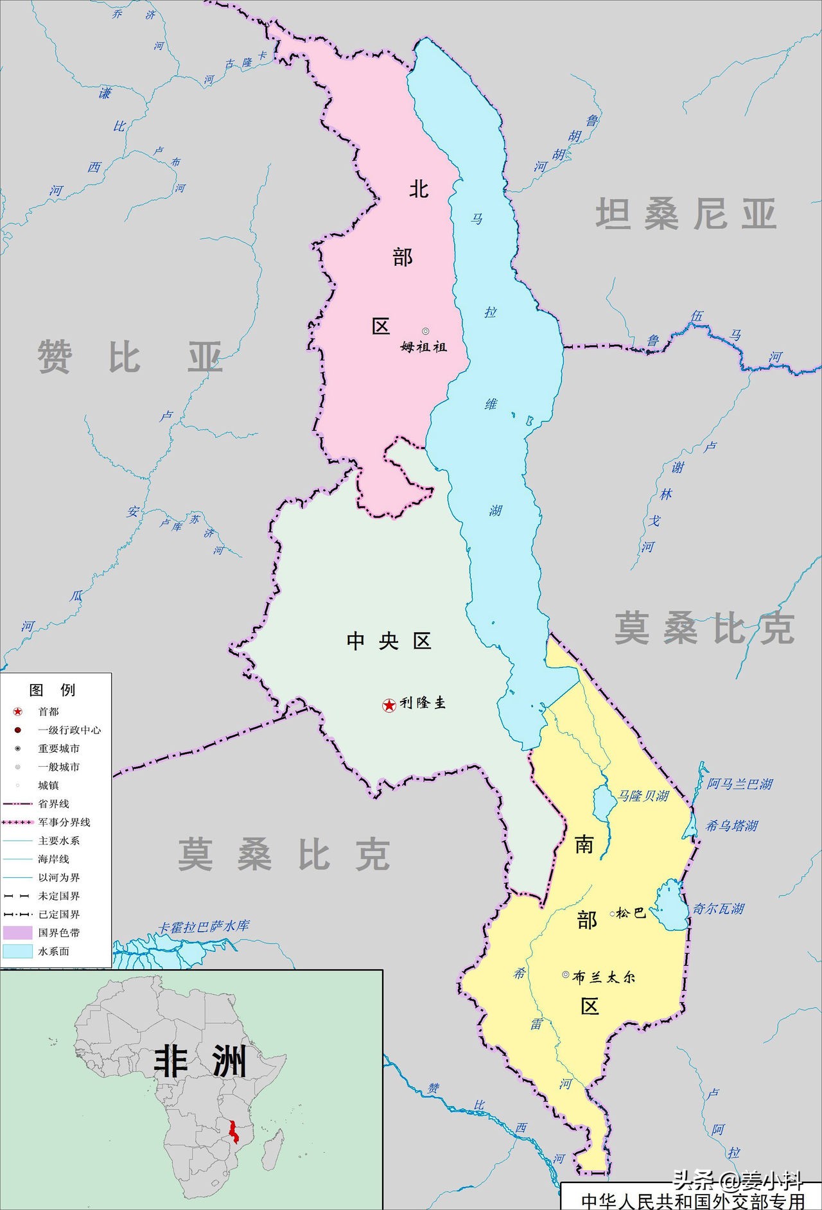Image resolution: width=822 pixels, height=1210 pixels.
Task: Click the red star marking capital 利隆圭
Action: [389, 705]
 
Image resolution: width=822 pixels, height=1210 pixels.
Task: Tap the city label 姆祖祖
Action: [424, 347]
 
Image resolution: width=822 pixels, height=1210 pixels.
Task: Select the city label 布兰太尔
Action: [604, 977]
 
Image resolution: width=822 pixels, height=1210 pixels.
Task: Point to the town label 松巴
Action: [631, 913]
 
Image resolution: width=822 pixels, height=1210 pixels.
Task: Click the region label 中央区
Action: [389, 640]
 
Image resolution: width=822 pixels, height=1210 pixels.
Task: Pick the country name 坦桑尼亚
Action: [686, 214]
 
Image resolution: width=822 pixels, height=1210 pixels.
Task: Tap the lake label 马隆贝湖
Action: [643, 796]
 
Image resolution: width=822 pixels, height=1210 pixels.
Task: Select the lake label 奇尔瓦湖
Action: [718, 908]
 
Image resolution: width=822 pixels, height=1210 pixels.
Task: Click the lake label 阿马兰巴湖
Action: [740, 784]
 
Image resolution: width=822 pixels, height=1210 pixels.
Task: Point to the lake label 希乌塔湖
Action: [732, 825]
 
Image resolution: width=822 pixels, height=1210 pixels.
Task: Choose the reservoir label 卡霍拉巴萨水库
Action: [204, 927]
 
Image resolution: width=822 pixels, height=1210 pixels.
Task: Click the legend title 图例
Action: [53, 690]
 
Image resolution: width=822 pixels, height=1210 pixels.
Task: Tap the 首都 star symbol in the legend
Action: [18, 712]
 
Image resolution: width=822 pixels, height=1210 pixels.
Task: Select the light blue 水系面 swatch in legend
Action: [18, 951]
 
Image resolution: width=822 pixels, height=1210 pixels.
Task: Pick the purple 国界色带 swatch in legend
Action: [18, 933]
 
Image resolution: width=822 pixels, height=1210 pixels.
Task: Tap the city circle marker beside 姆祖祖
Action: [425, 331]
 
